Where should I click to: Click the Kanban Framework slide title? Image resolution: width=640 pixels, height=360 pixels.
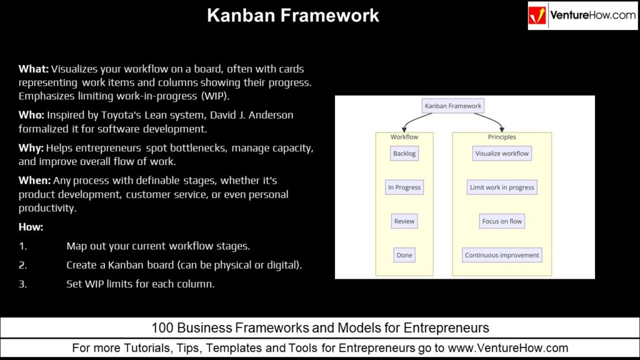[x=292, y=15]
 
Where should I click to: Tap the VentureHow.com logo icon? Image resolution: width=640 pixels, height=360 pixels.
[x=537, y=16]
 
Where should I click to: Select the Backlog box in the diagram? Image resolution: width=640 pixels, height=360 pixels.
[x=404, y=154]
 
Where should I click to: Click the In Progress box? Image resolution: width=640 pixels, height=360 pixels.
[x=404, y=187]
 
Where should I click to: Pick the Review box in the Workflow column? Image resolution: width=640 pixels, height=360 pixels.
[x=404, y=221]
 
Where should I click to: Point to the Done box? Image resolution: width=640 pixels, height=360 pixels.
[x=404, y=255]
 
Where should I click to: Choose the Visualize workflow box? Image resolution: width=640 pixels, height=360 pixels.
[x=502, y=154]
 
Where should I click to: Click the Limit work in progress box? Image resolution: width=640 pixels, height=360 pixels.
[x=502, y=187]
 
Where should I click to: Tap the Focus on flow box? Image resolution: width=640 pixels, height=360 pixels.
[x=502, y=221]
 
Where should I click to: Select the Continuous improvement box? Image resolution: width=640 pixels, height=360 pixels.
[x=502, y=255]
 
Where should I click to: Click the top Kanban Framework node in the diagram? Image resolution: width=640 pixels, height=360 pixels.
[x=453, y=106]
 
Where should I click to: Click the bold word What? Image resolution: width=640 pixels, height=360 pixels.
[x=34, y=69]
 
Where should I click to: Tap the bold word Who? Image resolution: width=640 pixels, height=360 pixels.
[x=32, y=115]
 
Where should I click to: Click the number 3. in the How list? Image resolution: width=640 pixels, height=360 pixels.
[x=22, y=284]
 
